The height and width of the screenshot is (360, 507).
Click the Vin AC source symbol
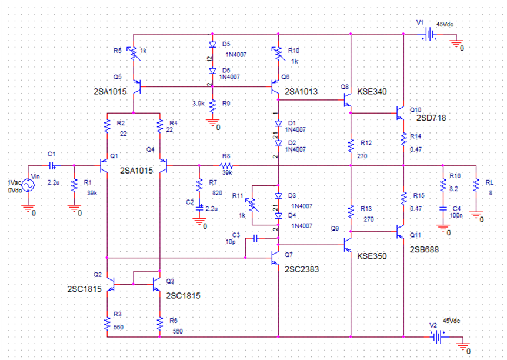tap(26, 185)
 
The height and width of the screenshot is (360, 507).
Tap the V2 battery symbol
tap(436, 337)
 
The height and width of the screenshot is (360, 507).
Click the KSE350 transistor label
tap(371, 256)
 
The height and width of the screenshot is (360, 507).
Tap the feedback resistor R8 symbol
tap(226, 166)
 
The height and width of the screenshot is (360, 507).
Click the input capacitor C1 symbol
tap(52, 166)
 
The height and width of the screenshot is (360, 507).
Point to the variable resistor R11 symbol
tap(252, 206)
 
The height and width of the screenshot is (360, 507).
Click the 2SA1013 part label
tap(301, 91)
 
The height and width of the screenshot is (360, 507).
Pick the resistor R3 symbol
tap(108, 322)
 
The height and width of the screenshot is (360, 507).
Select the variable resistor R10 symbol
tap(277, 55)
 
